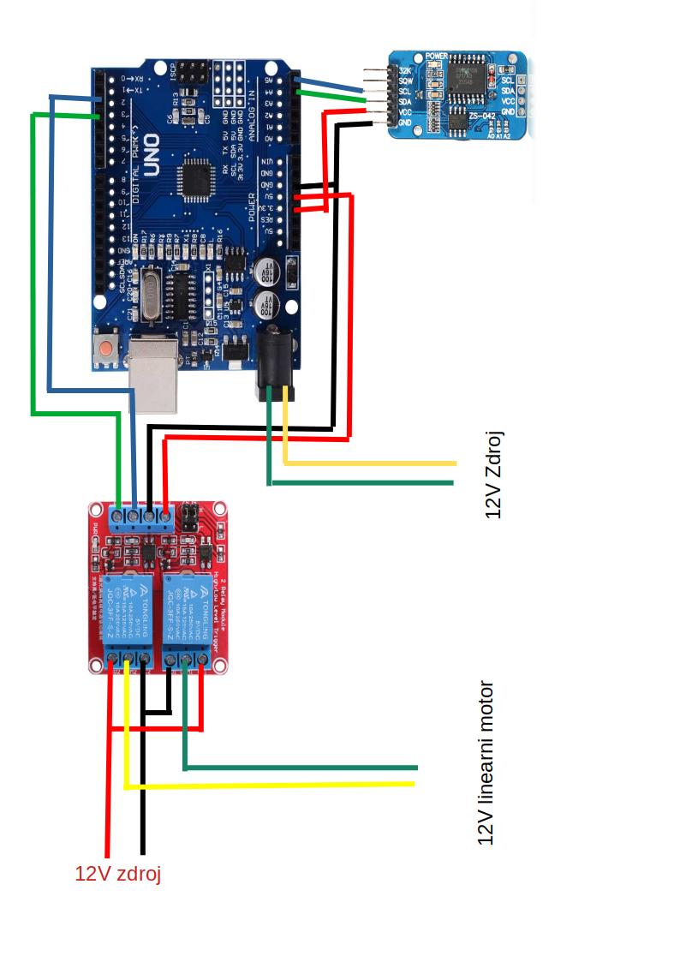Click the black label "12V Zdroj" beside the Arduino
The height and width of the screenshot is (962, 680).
click(x=493, y=475)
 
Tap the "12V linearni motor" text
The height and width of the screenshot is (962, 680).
click(x=486, y=763)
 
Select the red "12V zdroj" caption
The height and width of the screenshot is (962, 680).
click(x=118, y=874)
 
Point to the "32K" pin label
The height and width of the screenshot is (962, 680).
click(x=405, y=69)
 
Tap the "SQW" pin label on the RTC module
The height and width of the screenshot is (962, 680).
click(x=405, y=81)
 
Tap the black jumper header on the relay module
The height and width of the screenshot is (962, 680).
click(x=187, y=517)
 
